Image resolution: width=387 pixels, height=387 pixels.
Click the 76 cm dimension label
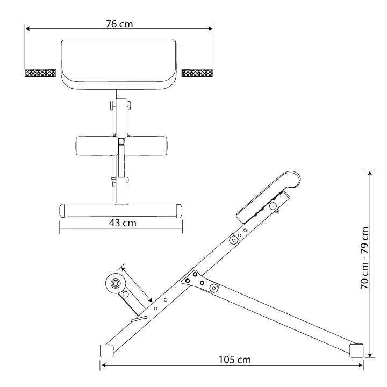click(x=119, y=24)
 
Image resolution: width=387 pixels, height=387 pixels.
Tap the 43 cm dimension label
click(x=123, y=223)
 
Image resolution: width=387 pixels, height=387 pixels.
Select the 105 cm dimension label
click(x=235, y=360)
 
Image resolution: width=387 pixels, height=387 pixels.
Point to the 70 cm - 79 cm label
click(x=364, y=258)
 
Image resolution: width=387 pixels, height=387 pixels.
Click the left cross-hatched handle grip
click(x=40, y=73)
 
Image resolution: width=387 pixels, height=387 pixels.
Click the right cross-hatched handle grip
click(x=197, y=73)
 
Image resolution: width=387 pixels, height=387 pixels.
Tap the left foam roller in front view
click(x=97, y=146)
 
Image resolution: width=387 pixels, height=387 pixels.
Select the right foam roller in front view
click(x=146, y=146)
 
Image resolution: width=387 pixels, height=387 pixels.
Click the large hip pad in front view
click(x=119, y=64)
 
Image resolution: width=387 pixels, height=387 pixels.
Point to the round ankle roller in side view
click(x=116, y=283)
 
